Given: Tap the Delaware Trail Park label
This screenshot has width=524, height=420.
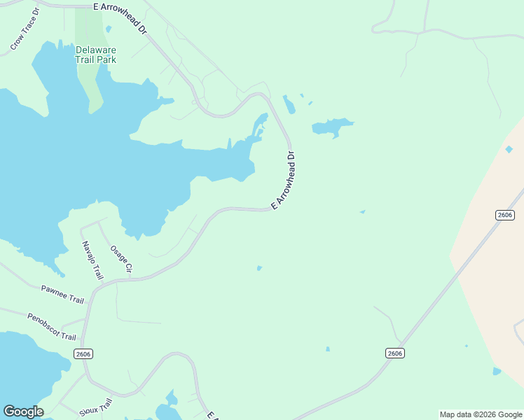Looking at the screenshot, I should tap(96, 55).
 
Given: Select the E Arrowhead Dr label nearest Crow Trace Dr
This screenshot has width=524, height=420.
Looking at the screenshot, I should tap(122, 18).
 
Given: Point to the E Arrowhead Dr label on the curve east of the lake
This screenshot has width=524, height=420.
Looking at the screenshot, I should tap(284, 181).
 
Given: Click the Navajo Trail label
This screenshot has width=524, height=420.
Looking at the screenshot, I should tap(92, 260).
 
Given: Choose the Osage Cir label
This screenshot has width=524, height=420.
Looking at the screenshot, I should tap(121, 258).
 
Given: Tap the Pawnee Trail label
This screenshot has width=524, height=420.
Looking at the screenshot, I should tap(62, 294).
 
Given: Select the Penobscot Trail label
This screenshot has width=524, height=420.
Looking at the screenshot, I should tap(51, 327).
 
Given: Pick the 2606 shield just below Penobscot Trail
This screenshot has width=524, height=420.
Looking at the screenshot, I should tap(82, 354).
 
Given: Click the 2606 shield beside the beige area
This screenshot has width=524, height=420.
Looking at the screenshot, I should tap(504, 214).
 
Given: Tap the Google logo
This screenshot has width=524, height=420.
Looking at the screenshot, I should tap(23, 412).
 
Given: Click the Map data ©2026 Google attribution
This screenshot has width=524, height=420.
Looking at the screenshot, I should tap(481, 414).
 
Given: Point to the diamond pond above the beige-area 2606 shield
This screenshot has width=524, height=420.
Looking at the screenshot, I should tap(509, 149).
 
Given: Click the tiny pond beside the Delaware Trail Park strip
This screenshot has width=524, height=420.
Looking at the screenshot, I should tap(109, 29).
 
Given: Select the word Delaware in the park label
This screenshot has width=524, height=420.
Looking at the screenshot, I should tap(96, 50).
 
